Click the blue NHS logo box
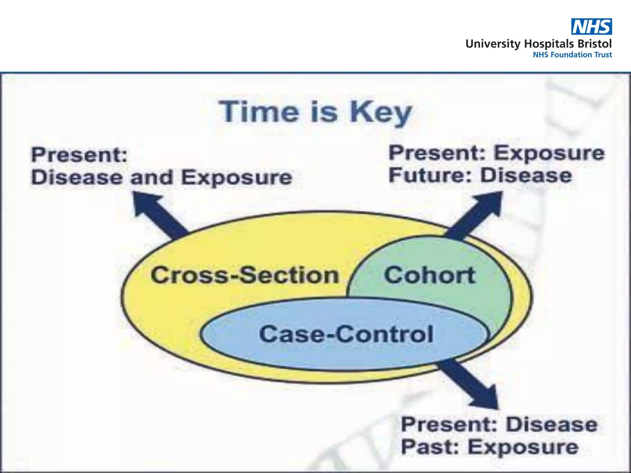592,26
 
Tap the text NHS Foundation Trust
572,55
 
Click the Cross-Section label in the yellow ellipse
245,275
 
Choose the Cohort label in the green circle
429,275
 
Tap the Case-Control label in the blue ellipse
346,334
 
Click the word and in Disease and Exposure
151,178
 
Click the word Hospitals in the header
548,44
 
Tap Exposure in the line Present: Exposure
549,153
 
